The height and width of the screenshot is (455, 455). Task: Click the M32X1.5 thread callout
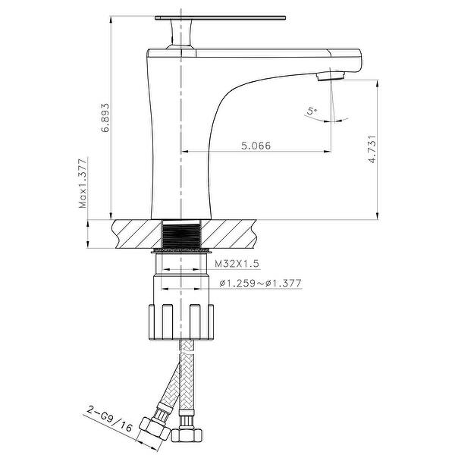(x=236, y=263)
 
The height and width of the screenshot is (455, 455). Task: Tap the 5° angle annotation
(x=312, y=112)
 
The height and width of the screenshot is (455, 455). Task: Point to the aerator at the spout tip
(x=331, y=74)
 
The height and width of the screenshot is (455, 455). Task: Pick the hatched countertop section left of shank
(x=136, y=234)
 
